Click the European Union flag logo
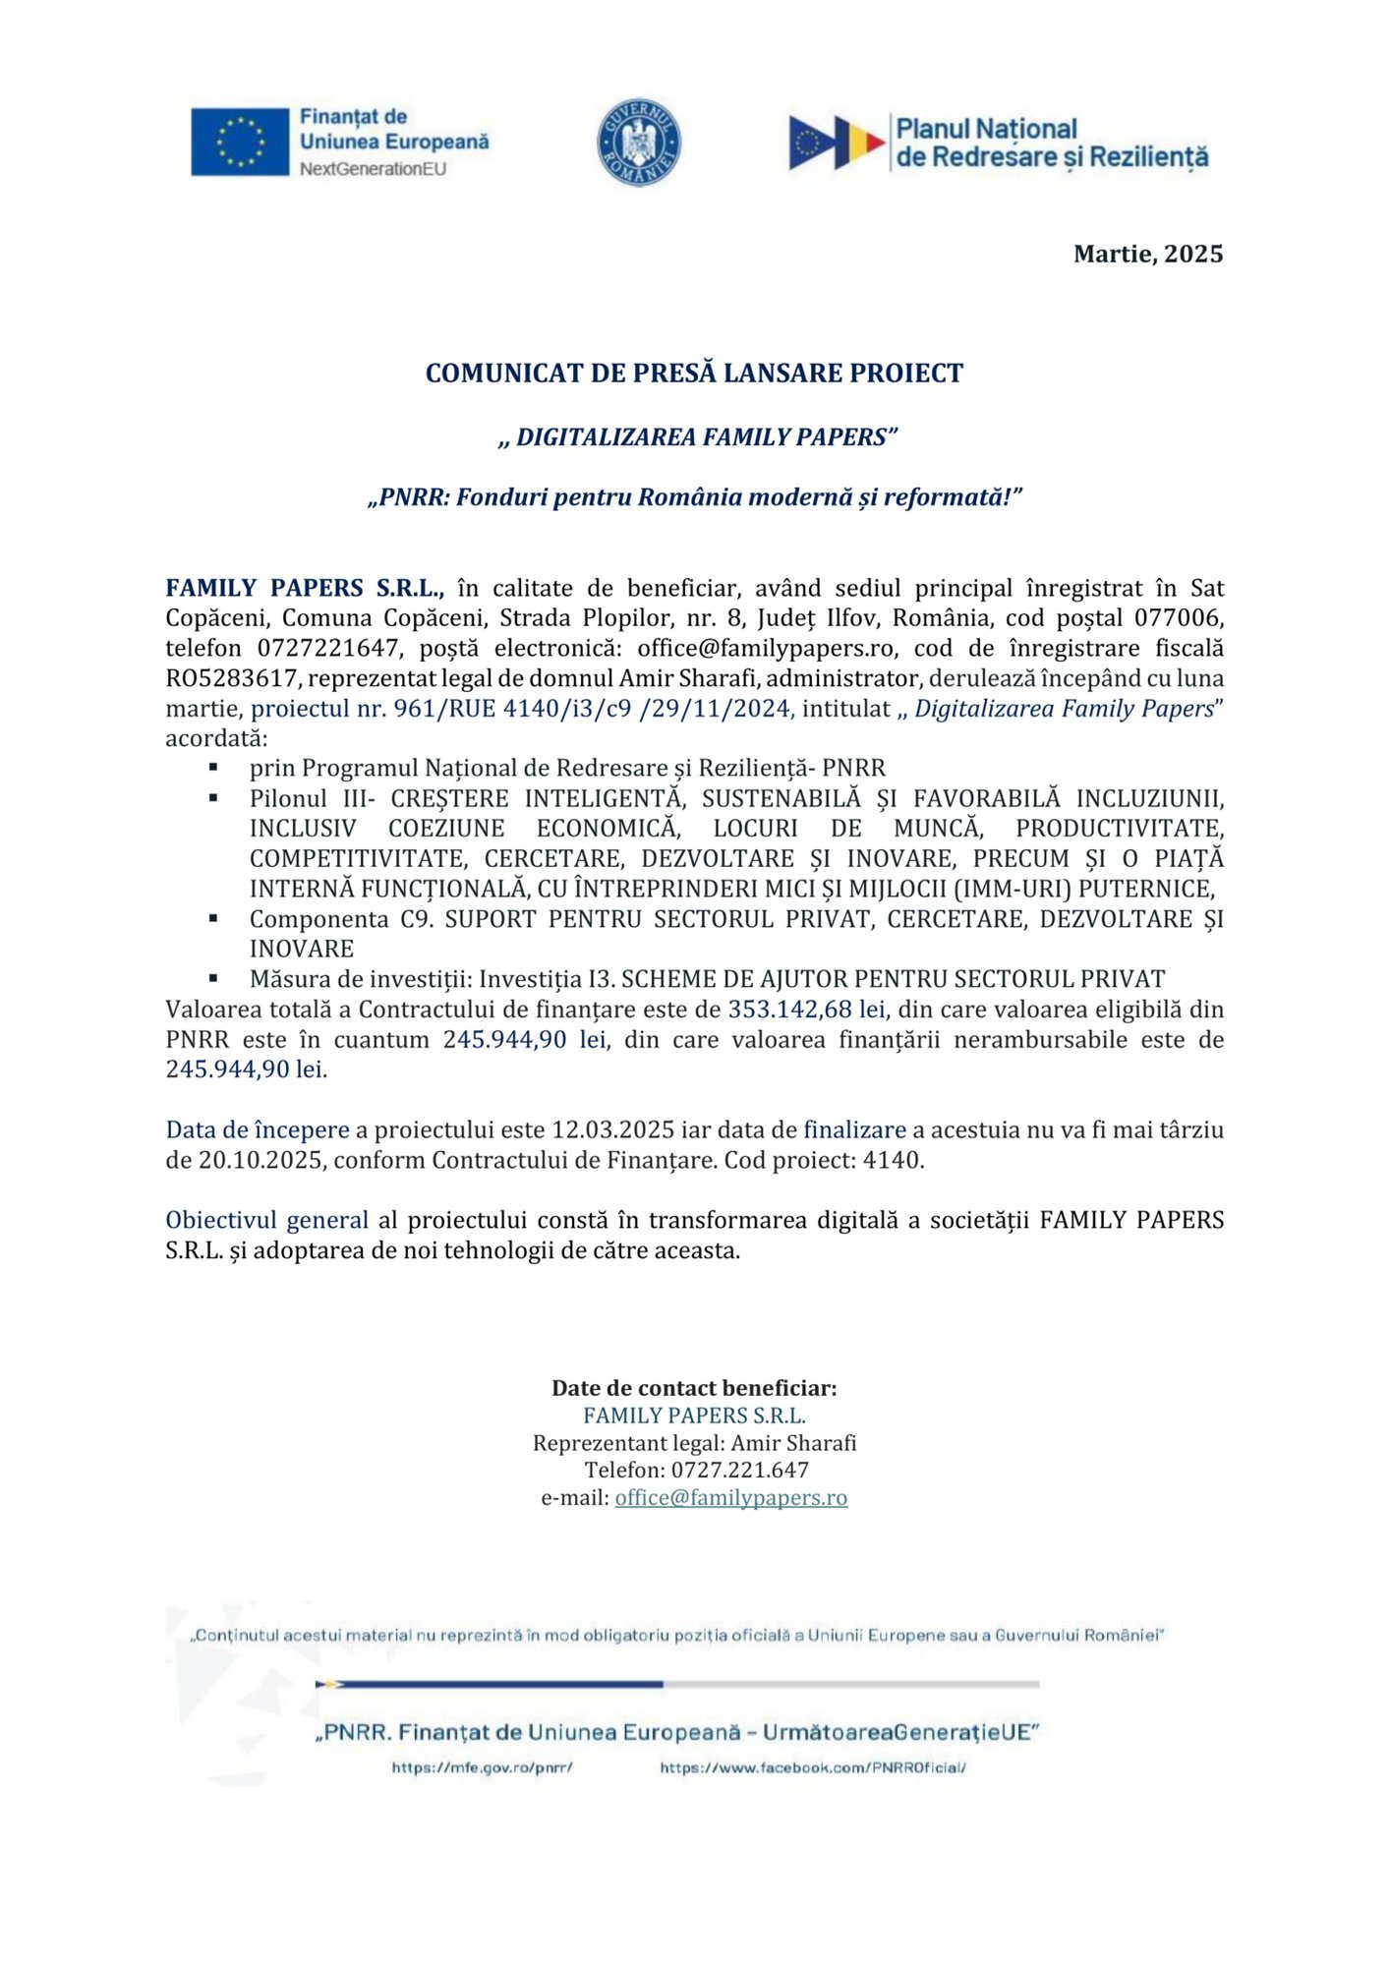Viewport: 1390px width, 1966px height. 240,142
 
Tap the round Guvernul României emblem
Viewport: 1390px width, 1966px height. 639,142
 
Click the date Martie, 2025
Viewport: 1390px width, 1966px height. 1147,255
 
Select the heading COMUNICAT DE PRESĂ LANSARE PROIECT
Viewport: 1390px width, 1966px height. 694,374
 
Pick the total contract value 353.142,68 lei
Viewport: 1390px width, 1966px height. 806,1010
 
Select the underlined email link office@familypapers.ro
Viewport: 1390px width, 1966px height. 730,1498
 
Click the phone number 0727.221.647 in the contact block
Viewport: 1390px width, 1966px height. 739,1471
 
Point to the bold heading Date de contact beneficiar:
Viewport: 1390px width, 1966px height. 694,1388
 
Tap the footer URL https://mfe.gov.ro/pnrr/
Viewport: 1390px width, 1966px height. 482,1767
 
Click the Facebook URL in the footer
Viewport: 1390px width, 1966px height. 812,1767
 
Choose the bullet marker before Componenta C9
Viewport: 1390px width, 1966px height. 213,919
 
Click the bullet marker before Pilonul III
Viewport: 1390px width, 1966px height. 213,798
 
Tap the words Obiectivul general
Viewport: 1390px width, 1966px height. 266,1221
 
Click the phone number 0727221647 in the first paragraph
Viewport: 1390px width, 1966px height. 329,649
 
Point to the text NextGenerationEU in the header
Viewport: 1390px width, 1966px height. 373,169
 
